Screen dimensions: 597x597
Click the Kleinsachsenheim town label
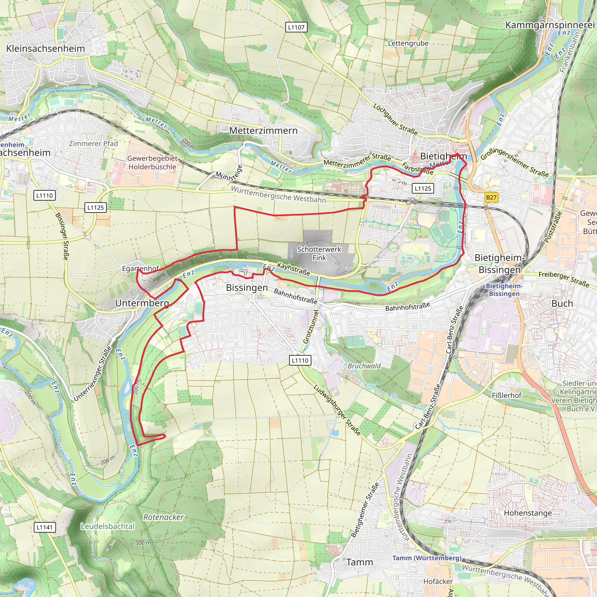coord(45,48)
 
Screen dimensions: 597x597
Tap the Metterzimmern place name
coord(263,130)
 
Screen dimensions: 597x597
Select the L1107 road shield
coord(296,27)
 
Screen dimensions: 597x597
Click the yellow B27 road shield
coord(491,197)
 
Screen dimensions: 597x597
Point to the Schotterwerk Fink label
coord(319,253)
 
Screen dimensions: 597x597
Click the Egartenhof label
coord(141,268)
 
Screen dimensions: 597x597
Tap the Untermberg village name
coord(142,303)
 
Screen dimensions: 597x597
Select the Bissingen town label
coord(247,287)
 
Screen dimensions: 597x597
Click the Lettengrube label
coord(408,43)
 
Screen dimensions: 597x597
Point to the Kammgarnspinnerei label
coord(550,25)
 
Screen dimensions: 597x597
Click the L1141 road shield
coord(45,527)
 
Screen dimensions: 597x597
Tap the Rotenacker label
coord(164,517)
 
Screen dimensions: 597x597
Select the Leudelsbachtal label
coord(108,526)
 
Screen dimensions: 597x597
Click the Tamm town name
coord(360,562)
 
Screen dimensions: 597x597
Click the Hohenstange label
coord(528,513)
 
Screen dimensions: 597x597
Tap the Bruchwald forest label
coord(364,366)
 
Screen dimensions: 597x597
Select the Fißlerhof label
coord(506,395)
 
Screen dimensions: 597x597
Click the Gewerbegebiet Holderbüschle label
coord(152,163)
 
